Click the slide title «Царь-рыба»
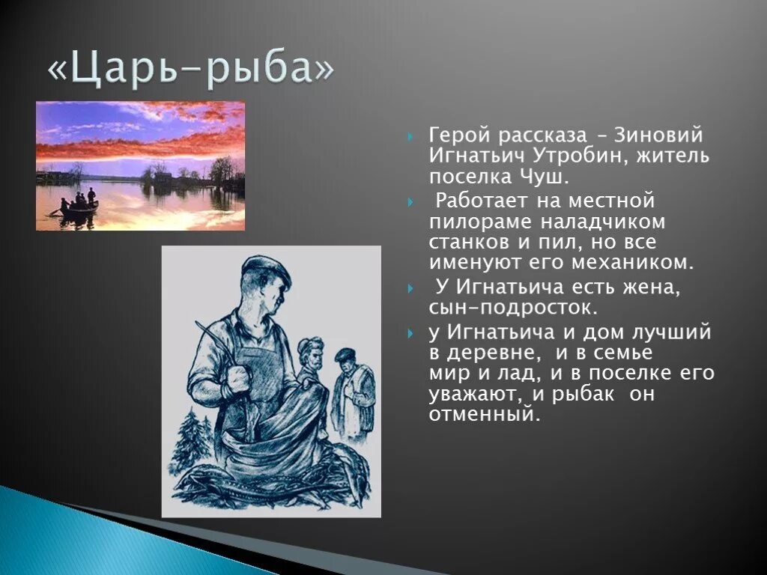(x=191, y=69)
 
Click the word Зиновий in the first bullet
(x=659, y=136)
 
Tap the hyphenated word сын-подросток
(x=513, y=308)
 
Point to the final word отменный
(x=484, y=415)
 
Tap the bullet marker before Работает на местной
(x=410, y=202)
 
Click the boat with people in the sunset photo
(x=78, y=206)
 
